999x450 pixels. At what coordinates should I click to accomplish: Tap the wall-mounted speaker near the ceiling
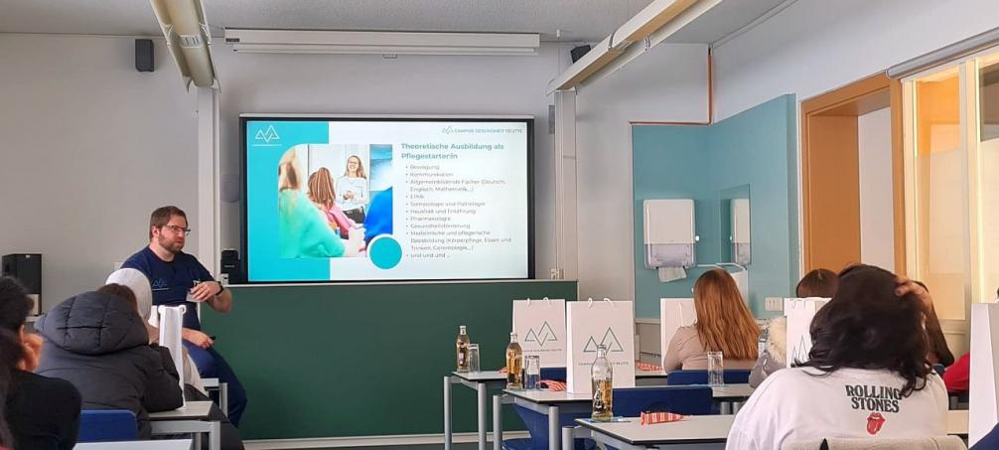[x=144, y=55]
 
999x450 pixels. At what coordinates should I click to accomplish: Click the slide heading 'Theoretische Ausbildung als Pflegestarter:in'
[x=453, y=151]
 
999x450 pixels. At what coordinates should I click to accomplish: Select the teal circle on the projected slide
[x=384, y=252]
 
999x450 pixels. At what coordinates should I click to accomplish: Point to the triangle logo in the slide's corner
[x=267, y=134]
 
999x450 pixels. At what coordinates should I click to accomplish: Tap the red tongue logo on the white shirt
[x=875, y=422]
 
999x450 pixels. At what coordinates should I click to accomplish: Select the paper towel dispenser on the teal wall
[x=668, y=234]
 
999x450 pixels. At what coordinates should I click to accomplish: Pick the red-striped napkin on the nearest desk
[x=662, y=417]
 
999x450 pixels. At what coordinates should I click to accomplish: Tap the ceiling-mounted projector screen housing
[x=381, y=42]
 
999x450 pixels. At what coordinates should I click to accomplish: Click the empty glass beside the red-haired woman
[x=715, y=368]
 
